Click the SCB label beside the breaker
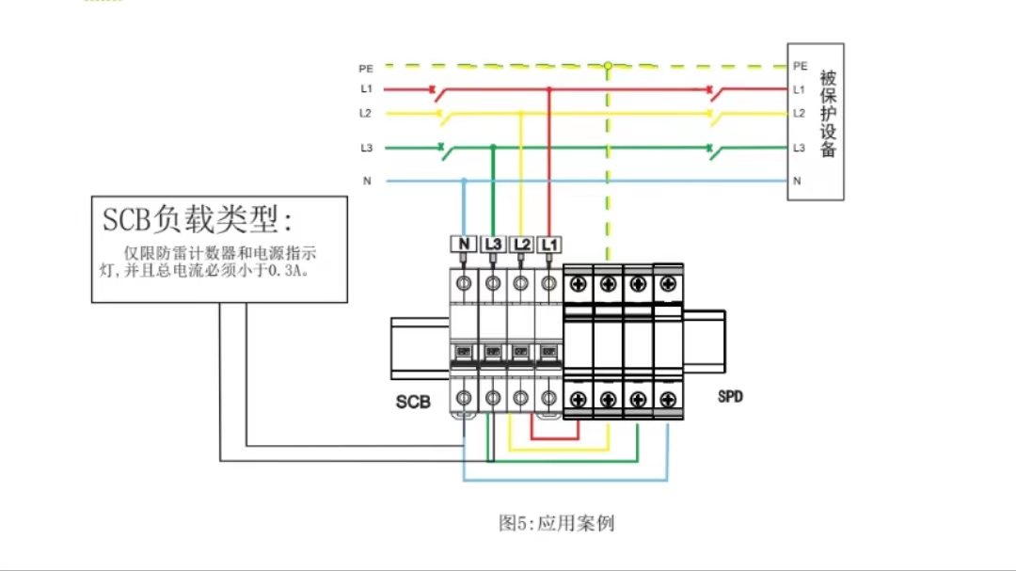click(x=413, y=402)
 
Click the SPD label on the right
click(x=730, y=396)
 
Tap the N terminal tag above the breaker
click(x=464, y=245)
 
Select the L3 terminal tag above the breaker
click(x=494, y=245)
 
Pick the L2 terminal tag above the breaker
click(x=522, y=245)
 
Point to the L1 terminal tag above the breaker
click(x=549, y=245)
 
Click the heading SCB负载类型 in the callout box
click(x=198, y=220)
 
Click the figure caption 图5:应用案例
click(x=556, y=523)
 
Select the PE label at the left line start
click(x=366, y=69)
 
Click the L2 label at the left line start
click(x=366, y=113)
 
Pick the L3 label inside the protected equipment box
click(x=799, y=148)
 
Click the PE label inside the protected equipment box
click(x=800, y=66)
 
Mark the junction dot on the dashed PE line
click(x=608, y=66)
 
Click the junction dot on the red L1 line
click(x=549, y=89)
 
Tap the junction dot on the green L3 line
click(x=493, y=148)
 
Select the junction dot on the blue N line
click(x=464, y=180)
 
